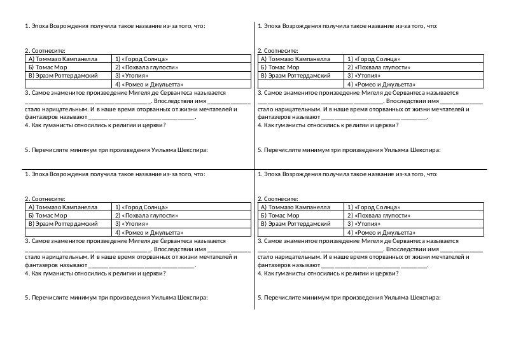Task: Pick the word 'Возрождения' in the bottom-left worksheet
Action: click(71, 174)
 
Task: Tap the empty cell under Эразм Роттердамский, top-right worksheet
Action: click(300, 83)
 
